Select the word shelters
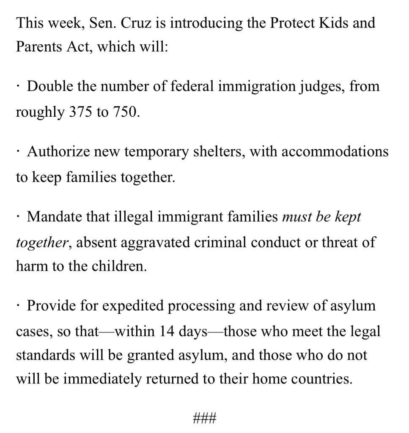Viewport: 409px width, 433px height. pyautogui.click(x=218, y=151)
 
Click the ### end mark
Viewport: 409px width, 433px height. pyautogui.click(x=204, y=419)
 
